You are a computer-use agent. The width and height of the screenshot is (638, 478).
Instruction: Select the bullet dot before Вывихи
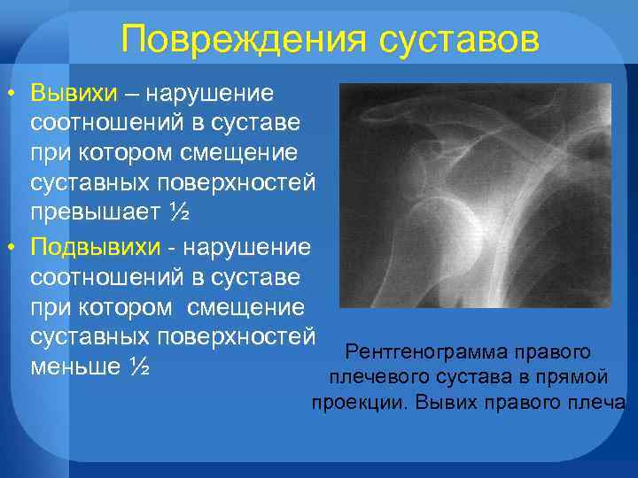pyautogui.click(x=11, y=94)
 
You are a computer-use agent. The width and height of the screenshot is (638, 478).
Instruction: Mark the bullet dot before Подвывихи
pyautogui.click(x=11, y=247)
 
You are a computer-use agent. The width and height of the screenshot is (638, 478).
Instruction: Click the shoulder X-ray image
pyautogui.click(x=475, y=196)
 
